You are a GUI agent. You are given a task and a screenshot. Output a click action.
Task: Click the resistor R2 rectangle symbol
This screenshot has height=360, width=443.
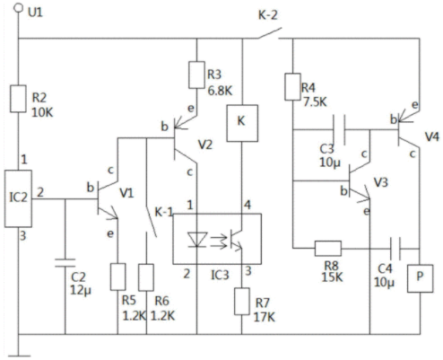[18, 99]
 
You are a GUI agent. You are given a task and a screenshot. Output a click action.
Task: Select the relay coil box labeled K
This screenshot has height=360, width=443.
[242, 123]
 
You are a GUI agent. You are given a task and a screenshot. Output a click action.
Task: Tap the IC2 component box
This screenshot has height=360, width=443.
[18, 198]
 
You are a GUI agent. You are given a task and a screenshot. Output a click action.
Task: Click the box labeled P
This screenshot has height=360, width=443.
[420, 278]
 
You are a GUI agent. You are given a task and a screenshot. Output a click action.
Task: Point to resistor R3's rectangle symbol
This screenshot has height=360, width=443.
[196, 75]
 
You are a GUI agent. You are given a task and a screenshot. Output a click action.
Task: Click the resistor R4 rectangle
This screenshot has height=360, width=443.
[292, 86]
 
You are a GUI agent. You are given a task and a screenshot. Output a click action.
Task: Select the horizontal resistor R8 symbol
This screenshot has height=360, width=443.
[328, 249]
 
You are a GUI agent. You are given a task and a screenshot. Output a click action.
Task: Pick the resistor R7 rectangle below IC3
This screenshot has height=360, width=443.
[242, 302]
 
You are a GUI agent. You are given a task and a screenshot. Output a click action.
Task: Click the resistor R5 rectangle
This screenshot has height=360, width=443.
[118, 277]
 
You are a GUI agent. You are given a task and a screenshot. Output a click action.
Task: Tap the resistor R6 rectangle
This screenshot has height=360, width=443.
[146, 277]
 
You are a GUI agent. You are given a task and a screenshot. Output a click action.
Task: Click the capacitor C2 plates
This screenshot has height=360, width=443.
[65, 263]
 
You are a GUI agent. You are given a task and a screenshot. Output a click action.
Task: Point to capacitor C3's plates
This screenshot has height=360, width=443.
[339, 129]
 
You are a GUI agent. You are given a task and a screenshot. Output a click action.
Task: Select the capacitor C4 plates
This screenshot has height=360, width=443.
[395, 249]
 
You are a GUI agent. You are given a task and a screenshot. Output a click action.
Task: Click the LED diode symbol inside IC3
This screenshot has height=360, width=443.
[197, 240]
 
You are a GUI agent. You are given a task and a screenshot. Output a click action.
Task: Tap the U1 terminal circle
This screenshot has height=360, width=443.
[19, 8]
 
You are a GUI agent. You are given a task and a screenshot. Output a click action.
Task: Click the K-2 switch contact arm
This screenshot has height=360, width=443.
[270, 33]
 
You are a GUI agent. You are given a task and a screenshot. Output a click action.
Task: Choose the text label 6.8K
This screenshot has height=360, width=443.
[220, 91]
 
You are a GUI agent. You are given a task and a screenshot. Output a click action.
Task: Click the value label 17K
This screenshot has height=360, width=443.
[265, 317]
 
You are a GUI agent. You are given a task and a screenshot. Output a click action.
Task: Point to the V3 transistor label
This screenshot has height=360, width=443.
[381, 182]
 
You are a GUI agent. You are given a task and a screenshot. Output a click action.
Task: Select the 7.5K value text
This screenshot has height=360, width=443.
[315, 102]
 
